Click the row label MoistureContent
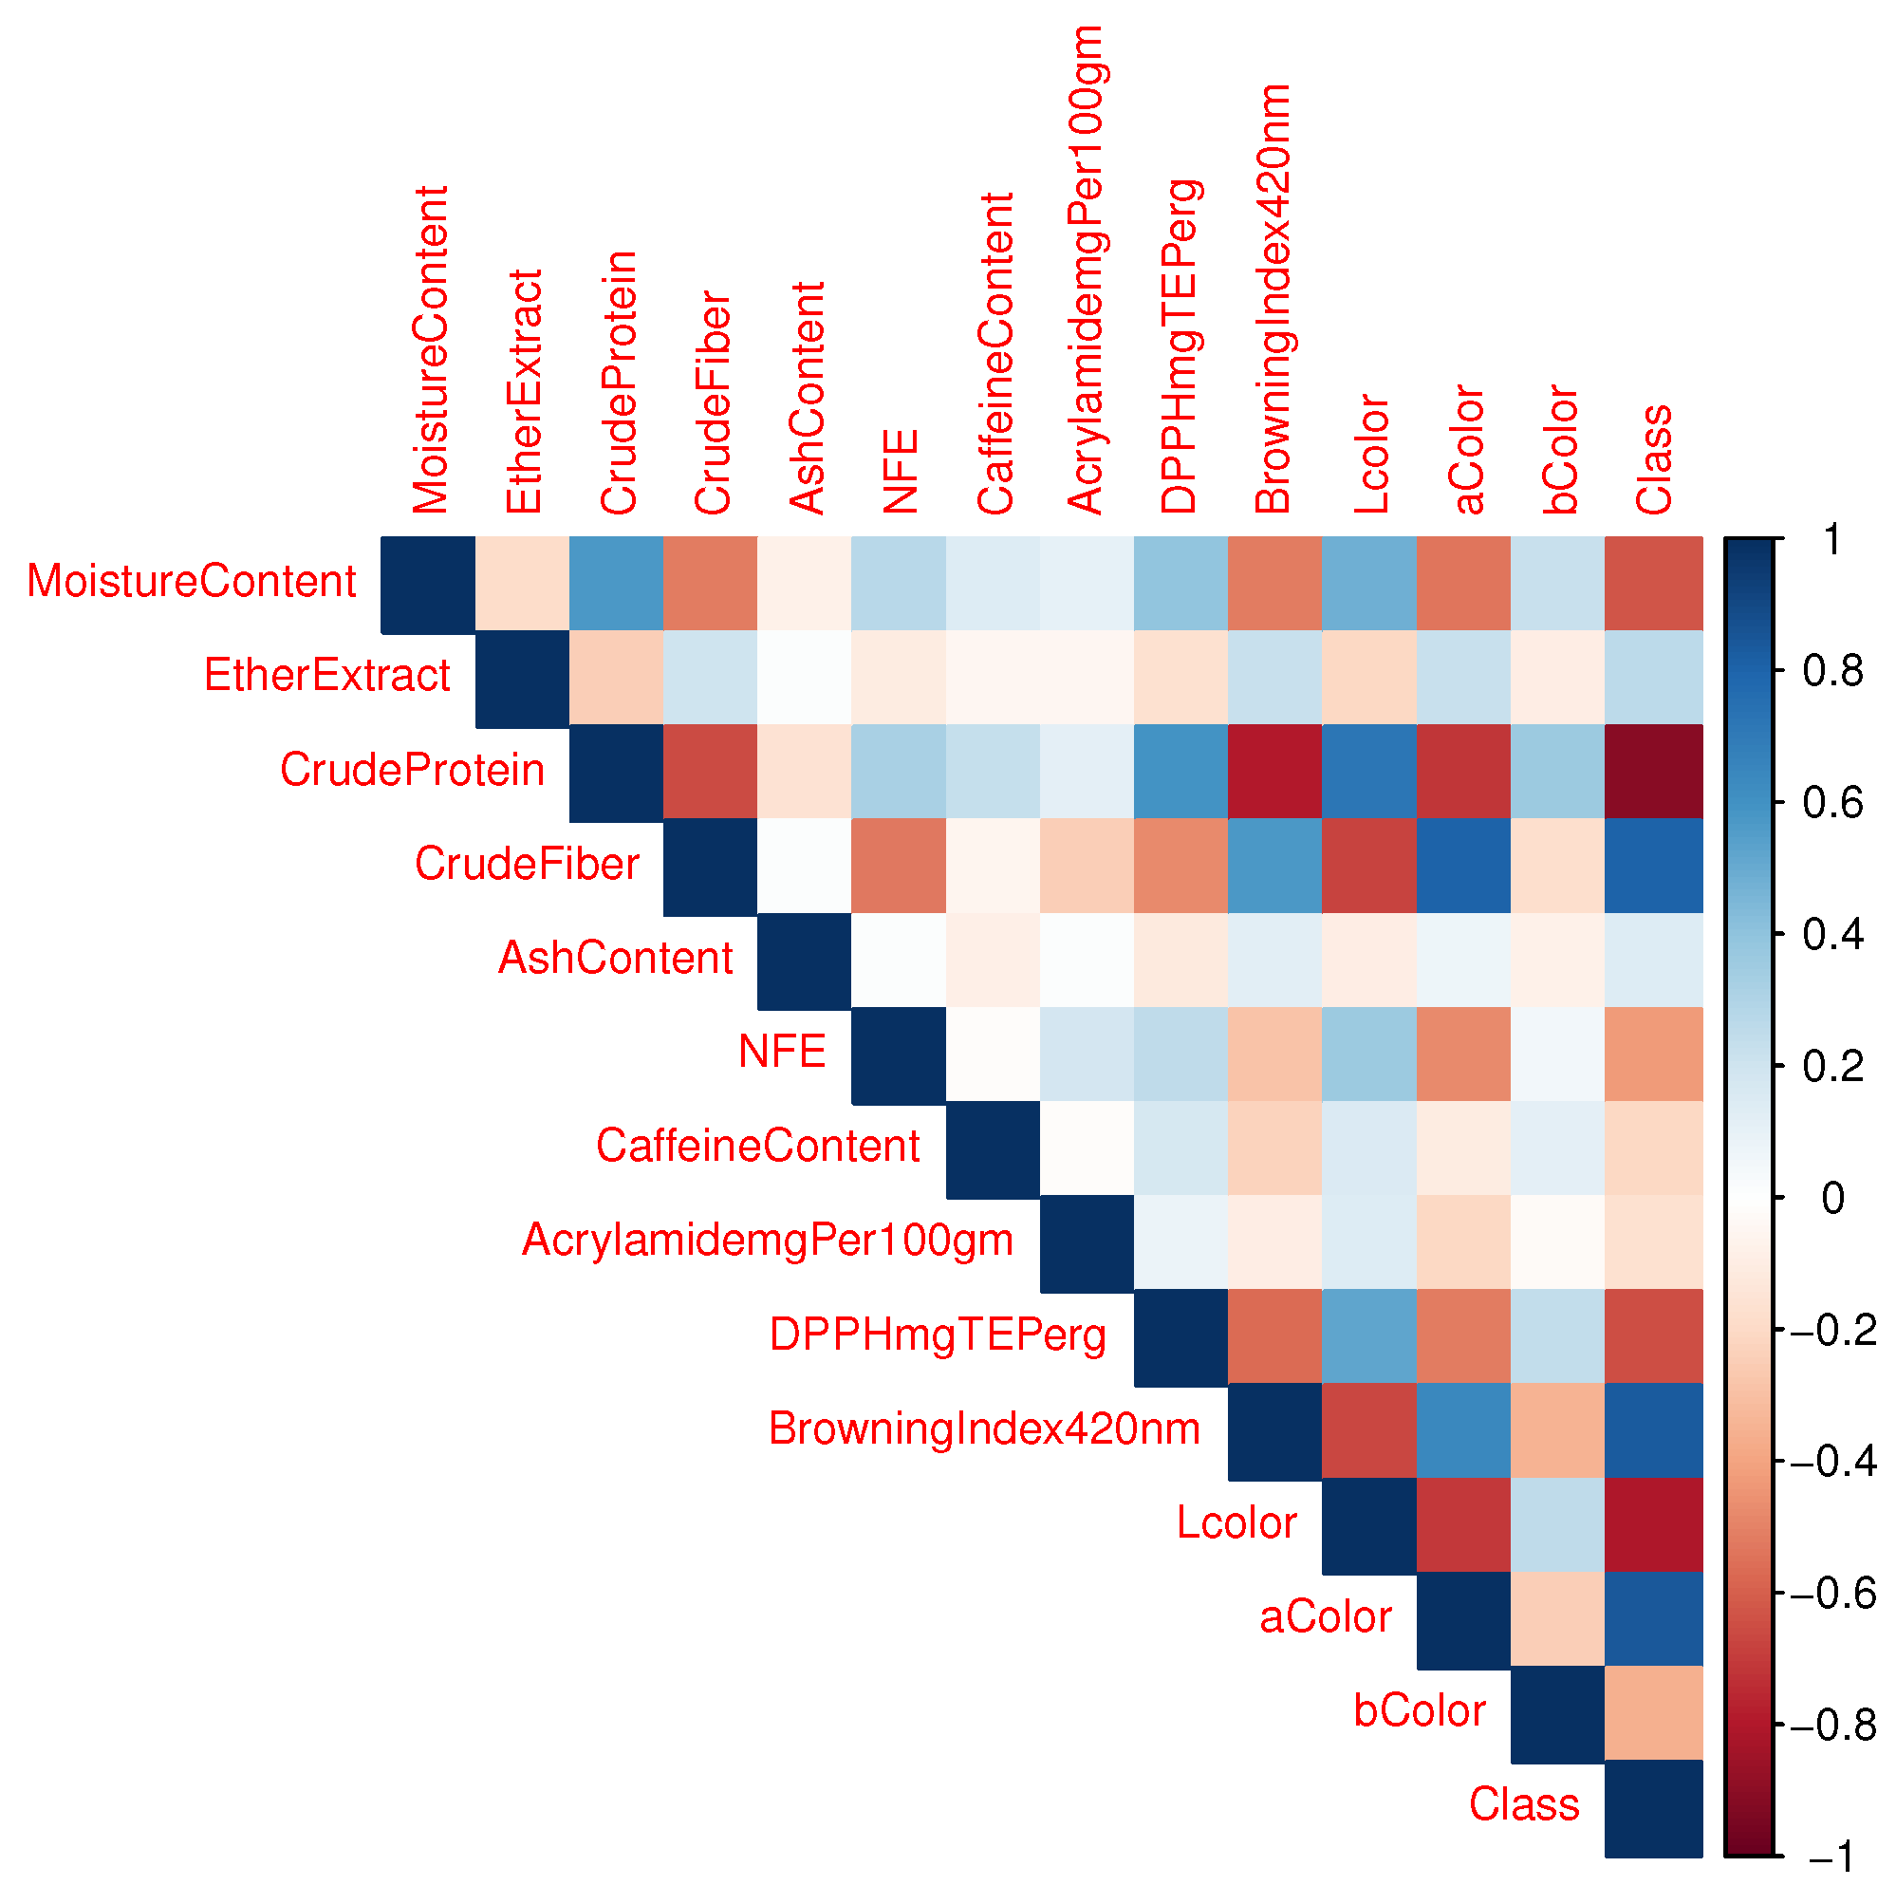click(191, 582)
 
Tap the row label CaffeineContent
click(757, 1147)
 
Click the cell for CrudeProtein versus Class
click(1653, 771)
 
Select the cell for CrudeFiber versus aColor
click(1463, 866)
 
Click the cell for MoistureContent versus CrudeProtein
click(616, 583)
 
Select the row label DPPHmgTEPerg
click(938, 1335)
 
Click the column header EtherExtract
click(523, 391)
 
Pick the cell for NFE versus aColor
click(1463, 1054)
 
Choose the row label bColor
click(1418, 1710)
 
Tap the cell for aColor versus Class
click(1653, 1618)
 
